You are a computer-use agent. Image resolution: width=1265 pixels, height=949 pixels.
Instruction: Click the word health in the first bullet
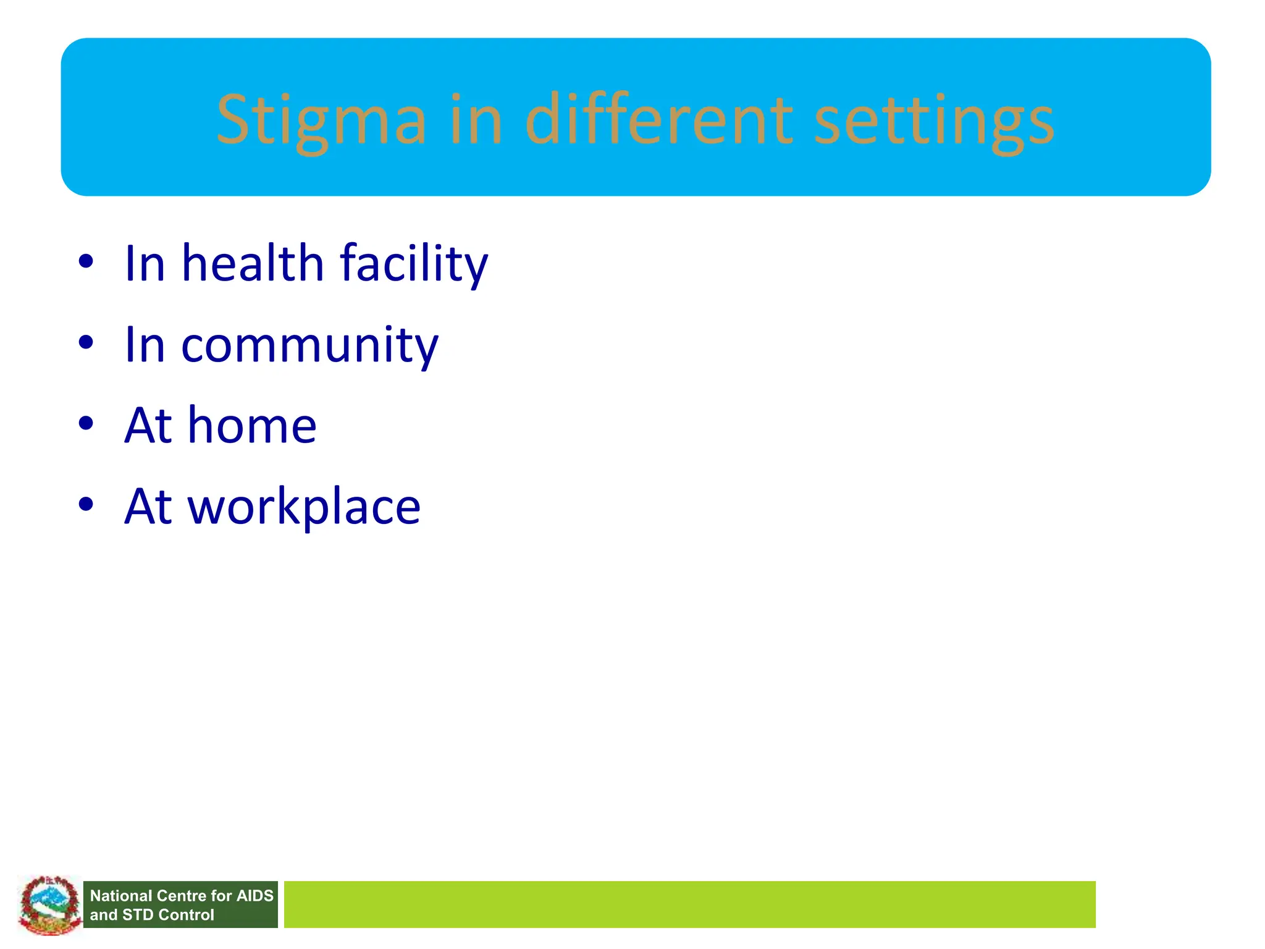(x=252, y=263)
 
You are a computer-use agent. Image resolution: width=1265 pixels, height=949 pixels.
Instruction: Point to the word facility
(x=414, y=264)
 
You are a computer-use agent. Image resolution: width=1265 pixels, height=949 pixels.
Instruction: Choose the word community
(x=309, y=345)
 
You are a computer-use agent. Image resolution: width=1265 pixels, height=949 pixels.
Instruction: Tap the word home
(x=252, y=426)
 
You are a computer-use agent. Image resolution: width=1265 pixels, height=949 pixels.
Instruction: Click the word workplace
(x=304, y=507)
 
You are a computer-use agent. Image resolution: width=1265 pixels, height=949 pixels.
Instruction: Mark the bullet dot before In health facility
(x=86, y=261)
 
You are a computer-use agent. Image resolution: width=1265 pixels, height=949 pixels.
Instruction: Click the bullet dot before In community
(x=86, y=342)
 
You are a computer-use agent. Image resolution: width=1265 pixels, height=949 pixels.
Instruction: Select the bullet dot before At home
(x=86, y=424)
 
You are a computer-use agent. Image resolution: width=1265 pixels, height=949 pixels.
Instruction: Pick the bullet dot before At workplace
(x=86, y=504)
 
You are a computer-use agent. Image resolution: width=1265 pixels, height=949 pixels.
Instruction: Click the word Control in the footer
(x=186, y=915)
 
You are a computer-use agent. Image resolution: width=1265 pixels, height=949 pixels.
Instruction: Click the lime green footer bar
(x=689, y=905)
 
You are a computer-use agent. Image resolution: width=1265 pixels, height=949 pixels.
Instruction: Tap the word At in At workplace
(x=148, y=507)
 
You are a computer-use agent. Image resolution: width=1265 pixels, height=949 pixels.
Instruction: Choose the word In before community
(x=145, y=345)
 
